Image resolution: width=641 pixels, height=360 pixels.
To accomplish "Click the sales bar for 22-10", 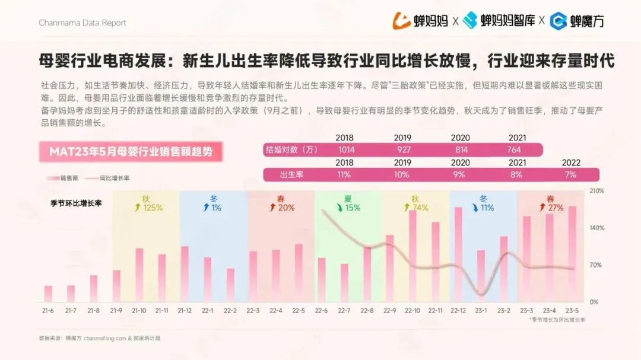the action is [x=412, y=256].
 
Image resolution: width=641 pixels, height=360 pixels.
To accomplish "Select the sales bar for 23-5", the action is [x=572, y=254].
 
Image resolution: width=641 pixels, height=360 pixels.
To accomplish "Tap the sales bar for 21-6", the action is [x=48, y=294].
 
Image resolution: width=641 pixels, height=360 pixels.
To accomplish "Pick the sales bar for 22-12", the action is [x=458, y=254].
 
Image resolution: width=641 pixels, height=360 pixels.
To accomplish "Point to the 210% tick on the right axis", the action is [x=596, y=191].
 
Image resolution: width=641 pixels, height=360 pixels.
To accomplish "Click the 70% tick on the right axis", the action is [x=596, y=265].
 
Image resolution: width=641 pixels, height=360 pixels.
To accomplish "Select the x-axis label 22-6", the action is [x=321, y=311].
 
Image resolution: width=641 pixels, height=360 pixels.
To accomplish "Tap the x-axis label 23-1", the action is [x=481, y=311].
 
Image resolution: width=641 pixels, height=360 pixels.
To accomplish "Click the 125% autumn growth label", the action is [x=153, y=208].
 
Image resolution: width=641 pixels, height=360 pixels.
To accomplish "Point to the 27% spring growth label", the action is [x=556, y=208].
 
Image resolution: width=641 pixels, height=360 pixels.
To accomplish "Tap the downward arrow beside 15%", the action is [x=339, y=208].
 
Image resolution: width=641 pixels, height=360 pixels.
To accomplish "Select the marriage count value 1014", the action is [x=346, y=150].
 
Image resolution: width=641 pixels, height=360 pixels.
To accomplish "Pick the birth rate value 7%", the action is [x=571, y=175].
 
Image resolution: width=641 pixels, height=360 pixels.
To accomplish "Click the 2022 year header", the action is [x=571, y=163].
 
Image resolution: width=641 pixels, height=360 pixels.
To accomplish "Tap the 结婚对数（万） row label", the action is [x=292, y=150].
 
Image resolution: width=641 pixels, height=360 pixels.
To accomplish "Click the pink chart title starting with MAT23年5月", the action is [x=131, y=152].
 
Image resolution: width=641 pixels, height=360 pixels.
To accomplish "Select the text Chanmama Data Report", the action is [x=82, y=23].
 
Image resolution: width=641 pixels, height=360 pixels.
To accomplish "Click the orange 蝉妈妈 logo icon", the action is [x=401, y=21].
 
